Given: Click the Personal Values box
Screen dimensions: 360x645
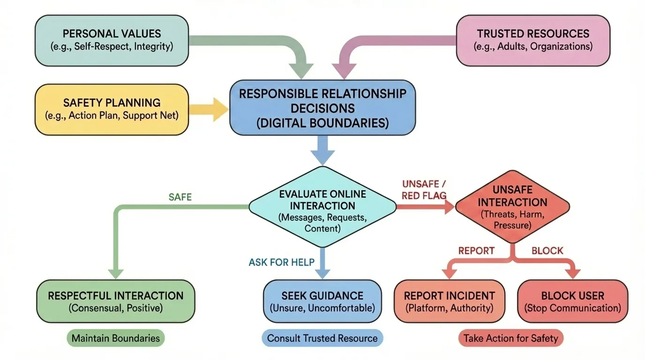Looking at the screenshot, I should [x=112, y=40].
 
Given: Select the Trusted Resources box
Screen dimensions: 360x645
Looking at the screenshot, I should [x=533, y=40].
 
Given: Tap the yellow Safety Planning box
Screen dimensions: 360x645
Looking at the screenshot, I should [x=112, y=109].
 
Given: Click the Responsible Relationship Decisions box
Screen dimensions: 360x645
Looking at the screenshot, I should [x=322, y=108].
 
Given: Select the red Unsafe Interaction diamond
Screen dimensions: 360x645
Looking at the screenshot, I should [x=512, y=207].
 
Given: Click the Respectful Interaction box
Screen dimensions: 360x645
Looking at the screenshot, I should [x=115, y=301].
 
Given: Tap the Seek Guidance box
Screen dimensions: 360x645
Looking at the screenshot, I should [x=322, y=301].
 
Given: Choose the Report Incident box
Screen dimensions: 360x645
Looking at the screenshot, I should [x=450, y=301].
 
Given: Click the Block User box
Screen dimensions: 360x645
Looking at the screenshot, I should [x=572, y=301].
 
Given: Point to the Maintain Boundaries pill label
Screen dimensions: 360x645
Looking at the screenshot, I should [x=115, y=338].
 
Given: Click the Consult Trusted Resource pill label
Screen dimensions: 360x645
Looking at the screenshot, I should [x=322, y=338].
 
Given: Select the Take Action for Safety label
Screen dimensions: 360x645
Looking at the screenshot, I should [x=511, y=338].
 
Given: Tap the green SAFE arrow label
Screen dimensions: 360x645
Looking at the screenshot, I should [x=180, y=197].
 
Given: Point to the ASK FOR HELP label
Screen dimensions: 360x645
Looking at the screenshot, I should [x=282, y=262].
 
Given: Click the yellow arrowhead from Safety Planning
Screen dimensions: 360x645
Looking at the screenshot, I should [x=219, y=109].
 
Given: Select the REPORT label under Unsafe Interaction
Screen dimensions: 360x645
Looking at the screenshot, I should [x=476, y=251].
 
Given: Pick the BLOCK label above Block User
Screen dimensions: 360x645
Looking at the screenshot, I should [x=547, y=251].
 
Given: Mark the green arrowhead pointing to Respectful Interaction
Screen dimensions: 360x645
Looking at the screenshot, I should [x=115, y=273].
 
